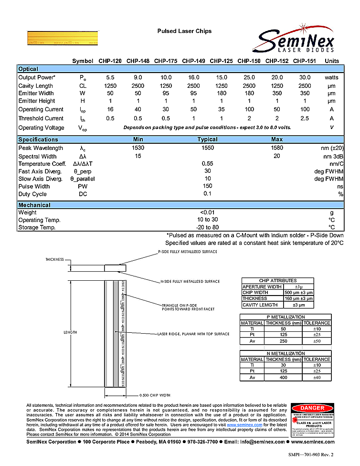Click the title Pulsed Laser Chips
point(184,31)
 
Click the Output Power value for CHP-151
point(304,77)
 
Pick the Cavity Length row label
point(36,85)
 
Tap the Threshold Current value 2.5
point(304,118)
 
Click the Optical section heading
point(28,69)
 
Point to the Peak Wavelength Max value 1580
point(276,148)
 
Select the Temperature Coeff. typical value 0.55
point(207,164)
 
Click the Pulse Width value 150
point(207,187)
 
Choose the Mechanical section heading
point(34,205)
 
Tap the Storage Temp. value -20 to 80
point(207,228)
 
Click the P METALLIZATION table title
point(285,317)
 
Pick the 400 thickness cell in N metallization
point(284,377)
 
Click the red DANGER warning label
point(312,408)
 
